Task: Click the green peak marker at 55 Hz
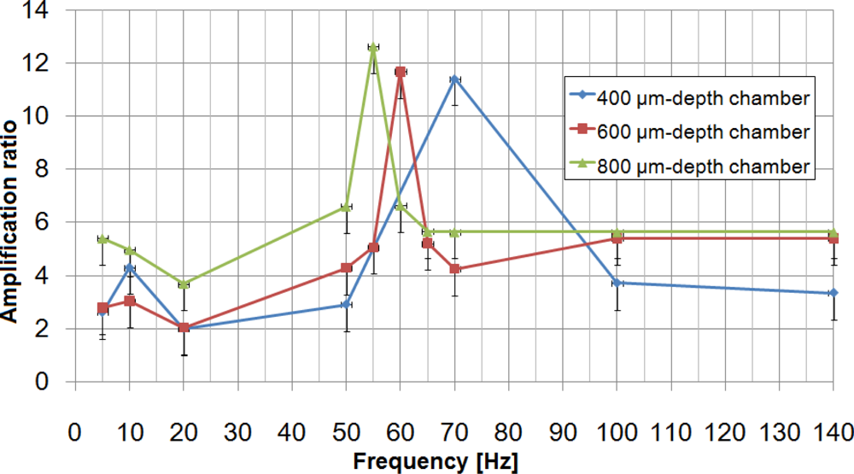pyautogui.click(x=372, y=47)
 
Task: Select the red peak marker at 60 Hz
pyautogui.click(x=400, y=73)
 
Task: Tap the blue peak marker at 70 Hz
pyautogui.click(x=454, y=80)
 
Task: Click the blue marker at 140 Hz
pyautogui.click(x=834, y=293)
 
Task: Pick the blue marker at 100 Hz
pyautogui.click(x=617, y=283)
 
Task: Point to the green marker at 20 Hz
pyautogui.click(x=183, y=284)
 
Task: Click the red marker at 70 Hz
pyautogui.click(x=454, y=269)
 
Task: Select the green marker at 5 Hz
pyautogui.click(x=102, y=239)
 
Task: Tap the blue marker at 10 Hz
pyautogui.click(x=129, y=267)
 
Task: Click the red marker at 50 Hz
pyautogui.click(x=346, y=268)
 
